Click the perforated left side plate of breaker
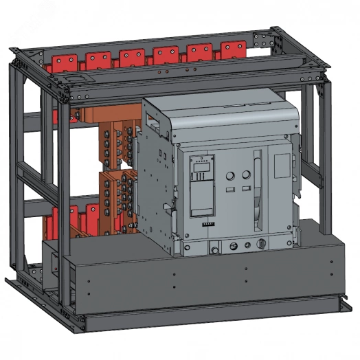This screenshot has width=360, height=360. pos(159,185)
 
